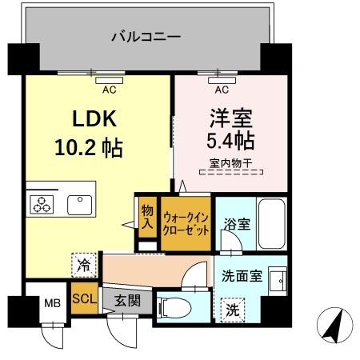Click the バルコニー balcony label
(x=146, y=36)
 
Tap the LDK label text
(x=96, y=120)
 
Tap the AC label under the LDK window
(x=110, y=89)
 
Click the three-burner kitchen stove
(x=41, y=204)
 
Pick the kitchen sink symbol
(x=80, y=204)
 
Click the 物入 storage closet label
(x=146, y=216)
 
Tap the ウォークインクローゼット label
(x=186, y=222)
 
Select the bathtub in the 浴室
(x=272, y=224)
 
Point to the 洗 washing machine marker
(x=231, y=308)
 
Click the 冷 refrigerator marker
(x=82, y=262)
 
